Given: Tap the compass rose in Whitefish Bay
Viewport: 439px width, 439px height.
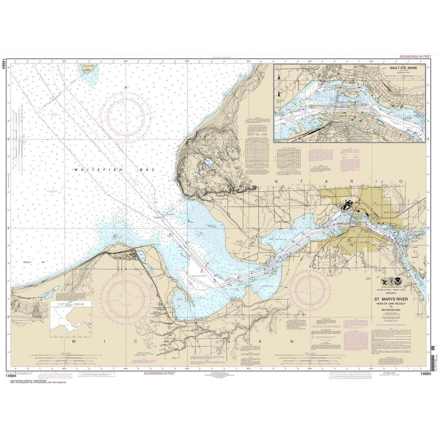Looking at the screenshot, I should pos(126,115).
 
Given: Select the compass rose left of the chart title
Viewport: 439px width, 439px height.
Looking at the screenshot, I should pos(311,290).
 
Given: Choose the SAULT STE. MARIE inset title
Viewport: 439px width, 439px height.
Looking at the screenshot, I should pos(402,69).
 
